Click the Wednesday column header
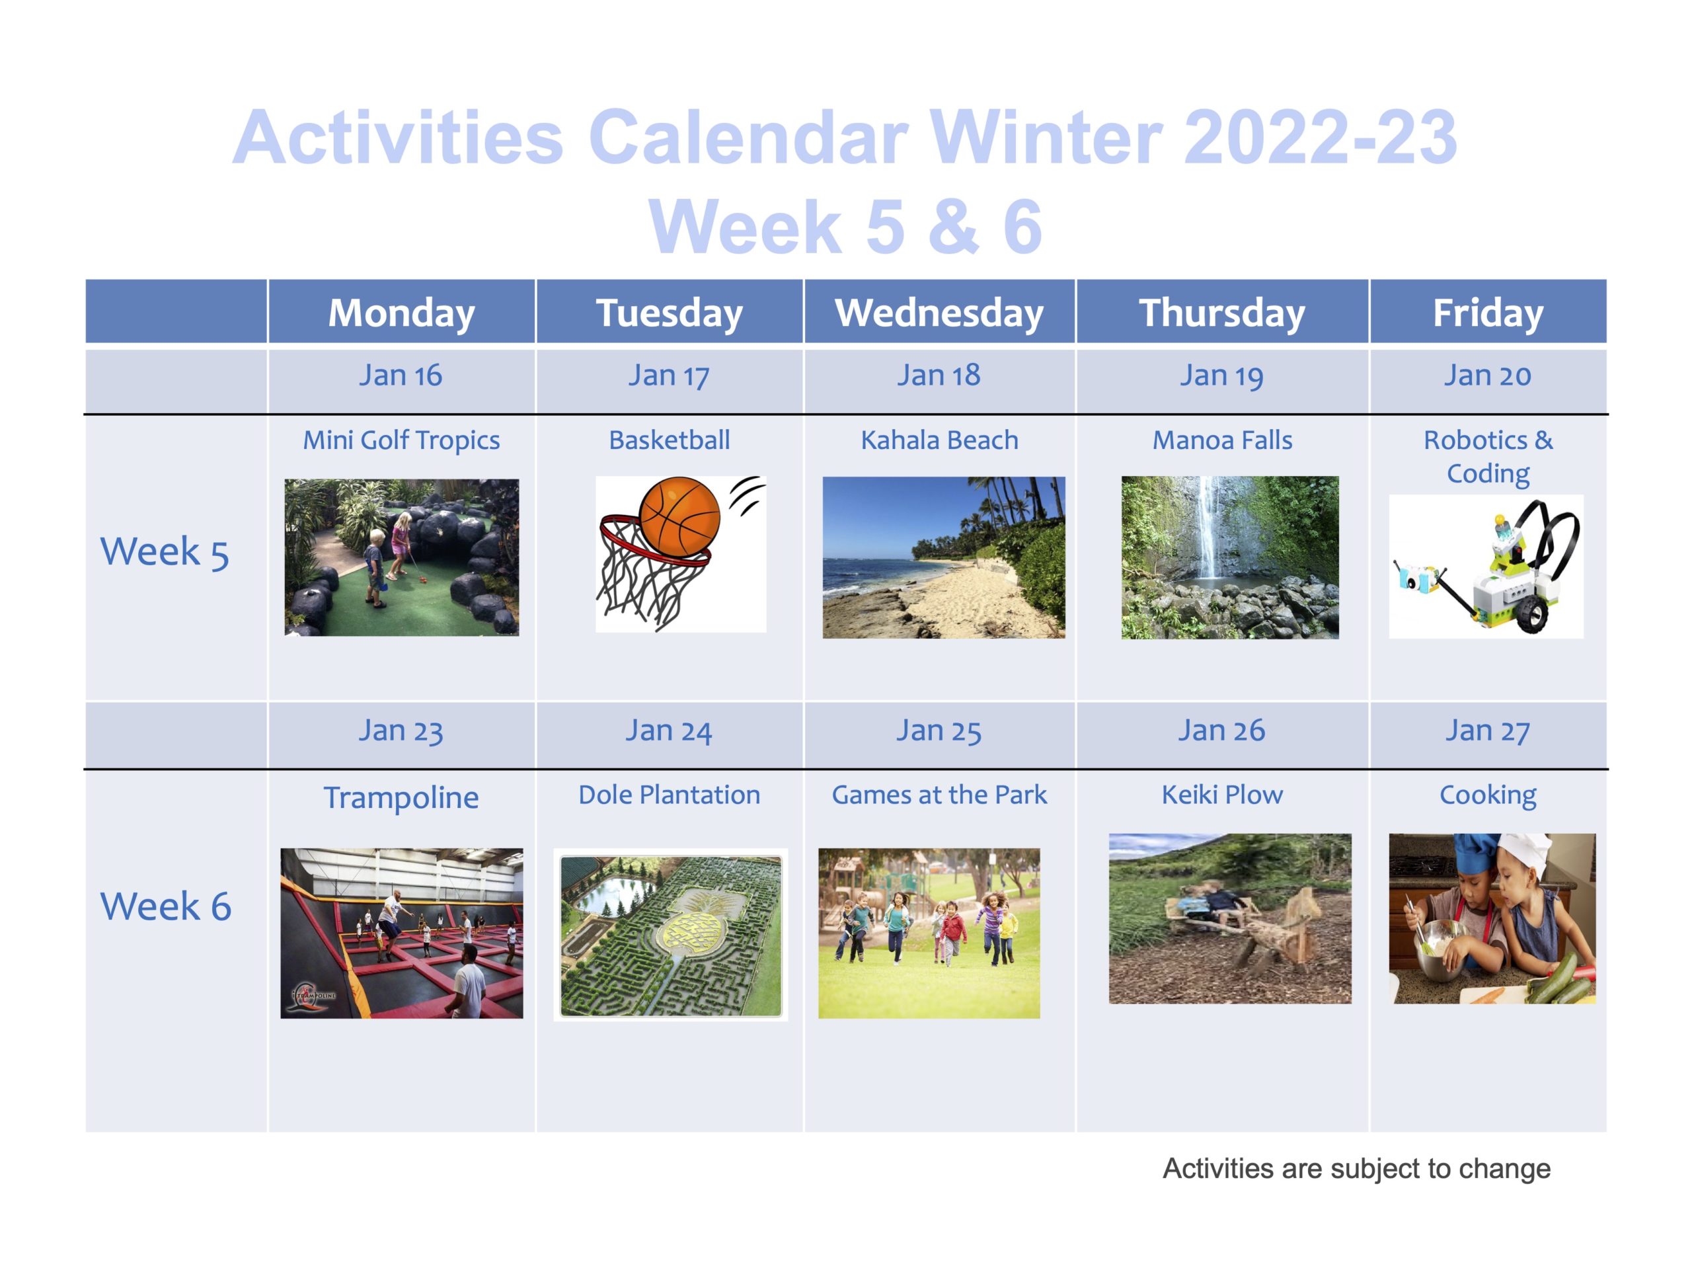coord(939,312)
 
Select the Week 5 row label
coord(165,551)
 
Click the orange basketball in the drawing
coord(679,517)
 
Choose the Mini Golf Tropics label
coord(402,441)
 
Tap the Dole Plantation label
coord(670,795)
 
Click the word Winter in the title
coord(1046,137)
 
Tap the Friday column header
coord(1488,312)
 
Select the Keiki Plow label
coord(1222,795)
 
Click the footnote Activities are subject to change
coord(1356,1168)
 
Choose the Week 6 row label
coord(165,906)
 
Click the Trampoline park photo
coord(402,933)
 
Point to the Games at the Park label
coord(939,795)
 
